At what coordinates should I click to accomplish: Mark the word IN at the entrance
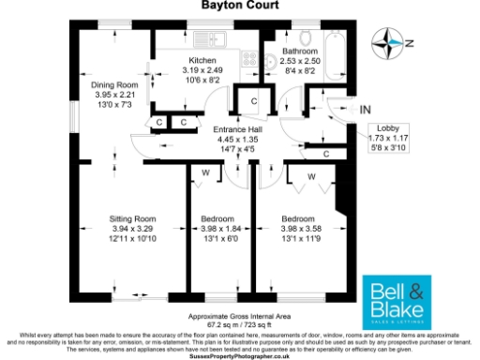click(x=365, y=111)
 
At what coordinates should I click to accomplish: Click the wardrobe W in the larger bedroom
click(x=311, y=175)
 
